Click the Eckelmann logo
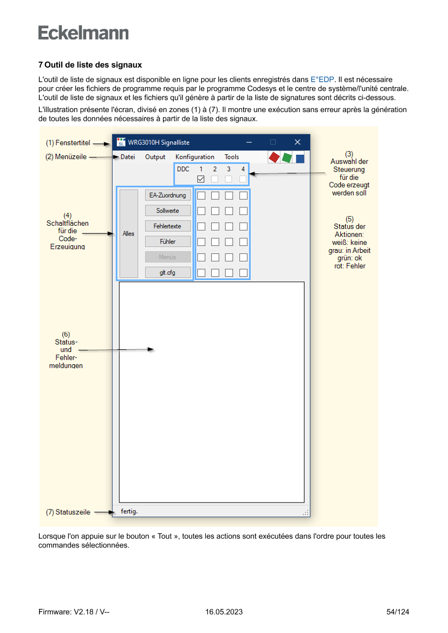coord(83,33)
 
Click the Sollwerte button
coord(168,211)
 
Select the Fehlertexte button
coord(168,226)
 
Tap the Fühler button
coord(168,242)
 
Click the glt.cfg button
coord(168,272)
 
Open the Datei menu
coord(128,157)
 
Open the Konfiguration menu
coord(195,157)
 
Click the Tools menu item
coord(232,157)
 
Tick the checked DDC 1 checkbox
coord(200,179)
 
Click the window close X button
coord(297,142)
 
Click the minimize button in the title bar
coord(249,142)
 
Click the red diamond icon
coord(274,157)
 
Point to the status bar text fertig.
coord(129,511)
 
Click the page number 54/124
coord(398,612)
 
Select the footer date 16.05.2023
coord(224,612)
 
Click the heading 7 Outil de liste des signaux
coord(90,65)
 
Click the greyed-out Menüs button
coord(168,257)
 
